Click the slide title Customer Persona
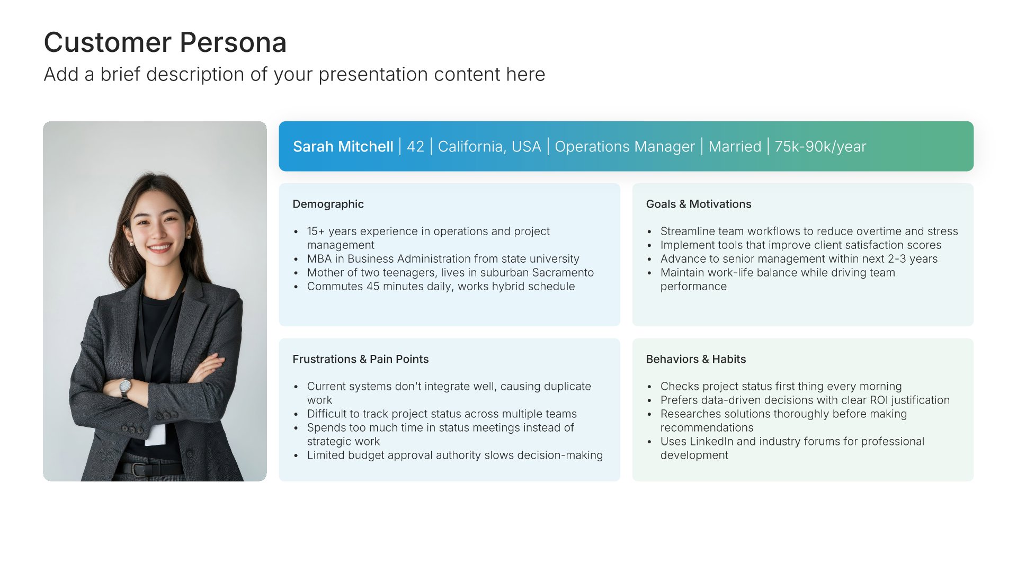(x=165, y=42)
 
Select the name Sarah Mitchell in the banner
(x=343, y=147)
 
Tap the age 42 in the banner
(x=415, y=147)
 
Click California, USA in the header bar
(x=489, y=147)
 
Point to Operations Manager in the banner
(x=625, y=147)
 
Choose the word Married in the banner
(x=735, y=147)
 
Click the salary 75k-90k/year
(x=820, y=147)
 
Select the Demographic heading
(x=328, y=204)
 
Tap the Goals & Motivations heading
(x=699, y=204)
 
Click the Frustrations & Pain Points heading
(x=361, y=359)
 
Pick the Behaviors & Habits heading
(x=696, y=359)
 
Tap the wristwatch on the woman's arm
(x=125, y=388)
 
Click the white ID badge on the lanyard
(x=156, y=434)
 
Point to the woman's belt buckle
(x=139, y=470)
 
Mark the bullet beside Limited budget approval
(x=296, y=456)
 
